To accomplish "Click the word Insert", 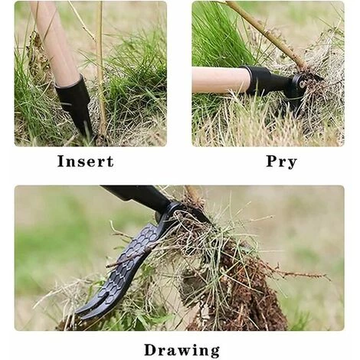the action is click(86, 162).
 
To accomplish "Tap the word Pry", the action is click(281, 162).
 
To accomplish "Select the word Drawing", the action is click(182, 350).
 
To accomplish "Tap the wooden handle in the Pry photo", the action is click(220, 80).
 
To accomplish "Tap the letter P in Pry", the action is click(272, 161).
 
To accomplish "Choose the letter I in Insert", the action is click(61, 162).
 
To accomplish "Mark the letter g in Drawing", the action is click(214, 352).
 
